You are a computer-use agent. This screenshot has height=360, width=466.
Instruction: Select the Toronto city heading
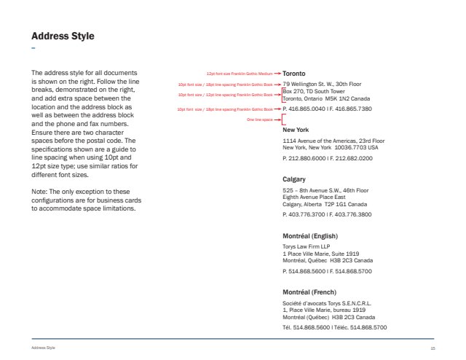(x=294, y=74)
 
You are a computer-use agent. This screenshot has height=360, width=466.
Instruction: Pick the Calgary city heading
(x=295, y=179)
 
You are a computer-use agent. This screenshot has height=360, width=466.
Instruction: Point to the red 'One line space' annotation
(x=259, y=119)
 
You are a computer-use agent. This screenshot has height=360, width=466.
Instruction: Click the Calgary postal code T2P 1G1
(x=335, y=204)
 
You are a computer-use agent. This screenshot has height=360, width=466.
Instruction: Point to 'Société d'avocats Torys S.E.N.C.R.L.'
(x=327, y=302)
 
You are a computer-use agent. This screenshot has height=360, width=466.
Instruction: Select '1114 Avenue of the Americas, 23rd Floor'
(x=333, y=140)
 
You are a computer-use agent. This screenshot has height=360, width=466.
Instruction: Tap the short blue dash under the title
(x=33, y=48)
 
